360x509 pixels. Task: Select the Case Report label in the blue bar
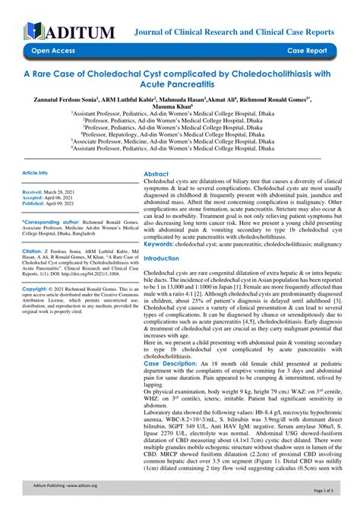pyautogui.click(x=308, y=52)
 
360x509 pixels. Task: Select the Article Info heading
pyautogui.click(x=35, y=173)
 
